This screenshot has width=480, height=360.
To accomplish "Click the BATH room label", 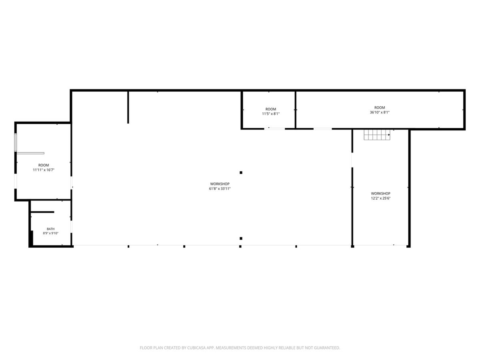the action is pyautogui.click(x=50, y=229).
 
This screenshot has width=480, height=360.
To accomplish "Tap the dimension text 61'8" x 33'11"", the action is pyautogui.click(x=220, y=189).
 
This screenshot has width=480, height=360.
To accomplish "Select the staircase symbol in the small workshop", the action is pyautogui.click(x=377, y=135).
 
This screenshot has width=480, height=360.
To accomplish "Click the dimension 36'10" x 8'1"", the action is pyautogui.click(x=380, y=112).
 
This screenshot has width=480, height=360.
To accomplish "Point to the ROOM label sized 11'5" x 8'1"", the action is pyautogui.click(x=271, y=109).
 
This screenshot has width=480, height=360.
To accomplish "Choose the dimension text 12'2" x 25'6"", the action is pyautogui.click(x=380, y=198).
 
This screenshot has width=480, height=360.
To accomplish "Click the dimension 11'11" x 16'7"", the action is pyautogui.click(x=44, y=170).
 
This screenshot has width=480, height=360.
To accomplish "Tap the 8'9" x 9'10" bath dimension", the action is pyautogui.click(x=50, y=233).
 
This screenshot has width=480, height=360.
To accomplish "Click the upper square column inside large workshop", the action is pyautogui.click(x=241, y=172).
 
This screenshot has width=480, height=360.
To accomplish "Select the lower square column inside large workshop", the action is pyautogui.click(x=241, y=238).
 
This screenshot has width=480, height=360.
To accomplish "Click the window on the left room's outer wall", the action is pyautogui.click(x=16, y=142).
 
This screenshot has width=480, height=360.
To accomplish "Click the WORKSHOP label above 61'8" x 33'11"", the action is pyautogui.click(x=220, y=184).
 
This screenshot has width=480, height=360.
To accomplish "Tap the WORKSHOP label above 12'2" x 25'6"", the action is pyautogui.click(x=380, y=194).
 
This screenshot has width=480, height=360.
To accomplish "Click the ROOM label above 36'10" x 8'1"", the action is pyautogui.click(x=380, y=108).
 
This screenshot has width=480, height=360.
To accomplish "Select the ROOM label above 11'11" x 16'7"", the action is pyautogui.click(x=44, y=165).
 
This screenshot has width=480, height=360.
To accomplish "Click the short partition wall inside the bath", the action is pyautogui.click(x=42, y=212).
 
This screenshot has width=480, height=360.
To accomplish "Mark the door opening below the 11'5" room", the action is pyautogui.click(x=274, y=129).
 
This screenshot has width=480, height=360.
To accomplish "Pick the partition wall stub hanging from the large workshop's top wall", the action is pyautogui.click(x=128, y=107).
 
